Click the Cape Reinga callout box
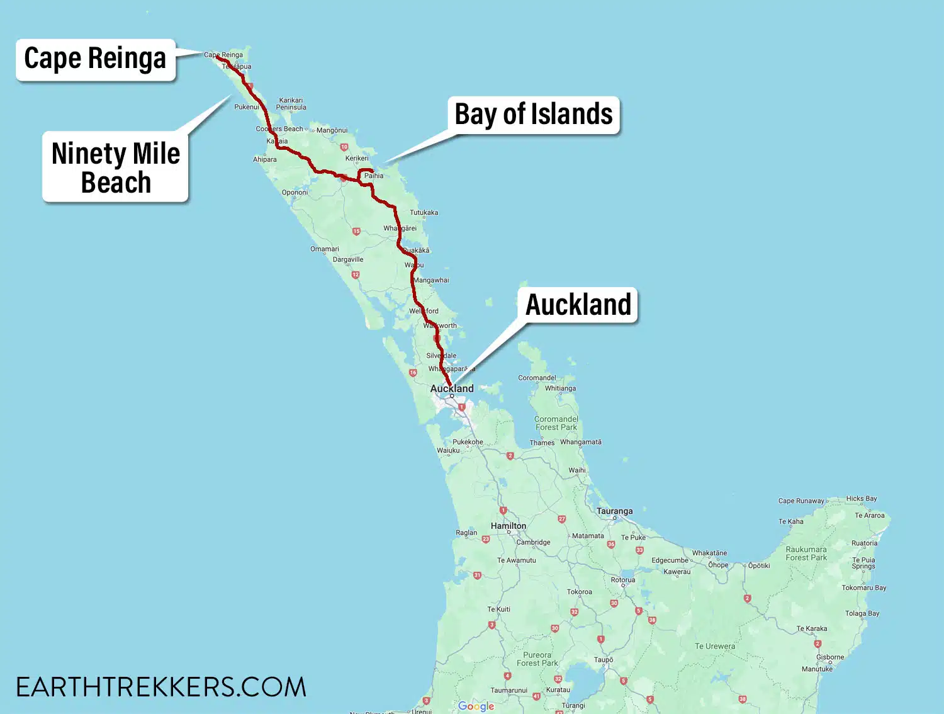(x=95, y=59)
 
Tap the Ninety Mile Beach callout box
(x=116, y=167)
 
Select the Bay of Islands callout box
(x=534, y=115)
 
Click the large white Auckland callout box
(x=578, y=305)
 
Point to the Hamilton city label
(x=509, y=526)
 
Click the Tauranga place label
(x=615, y=511)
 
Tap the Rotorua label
(x=623, y=580)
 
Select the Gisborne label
(x=830, y=657)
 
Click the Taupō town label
(x=604, y=660)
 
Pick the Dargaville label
(x=348, y=259)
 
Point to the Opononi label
(x=295, y=193)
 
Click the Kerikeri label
(x=357, y=159)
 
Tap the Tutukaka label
(x=424, y=213)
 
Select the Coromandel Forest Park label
(x=556, y=423)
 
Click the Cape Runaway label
(x=801, y=501)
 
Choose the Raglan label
(x=466, y=533)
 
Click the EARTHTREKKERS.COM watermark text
(x=161, y=687)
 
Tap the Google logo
(x=476, y=706)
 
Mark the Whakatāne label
(x=709, y=553)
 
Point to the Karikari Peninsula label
(x=291, y=104)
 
